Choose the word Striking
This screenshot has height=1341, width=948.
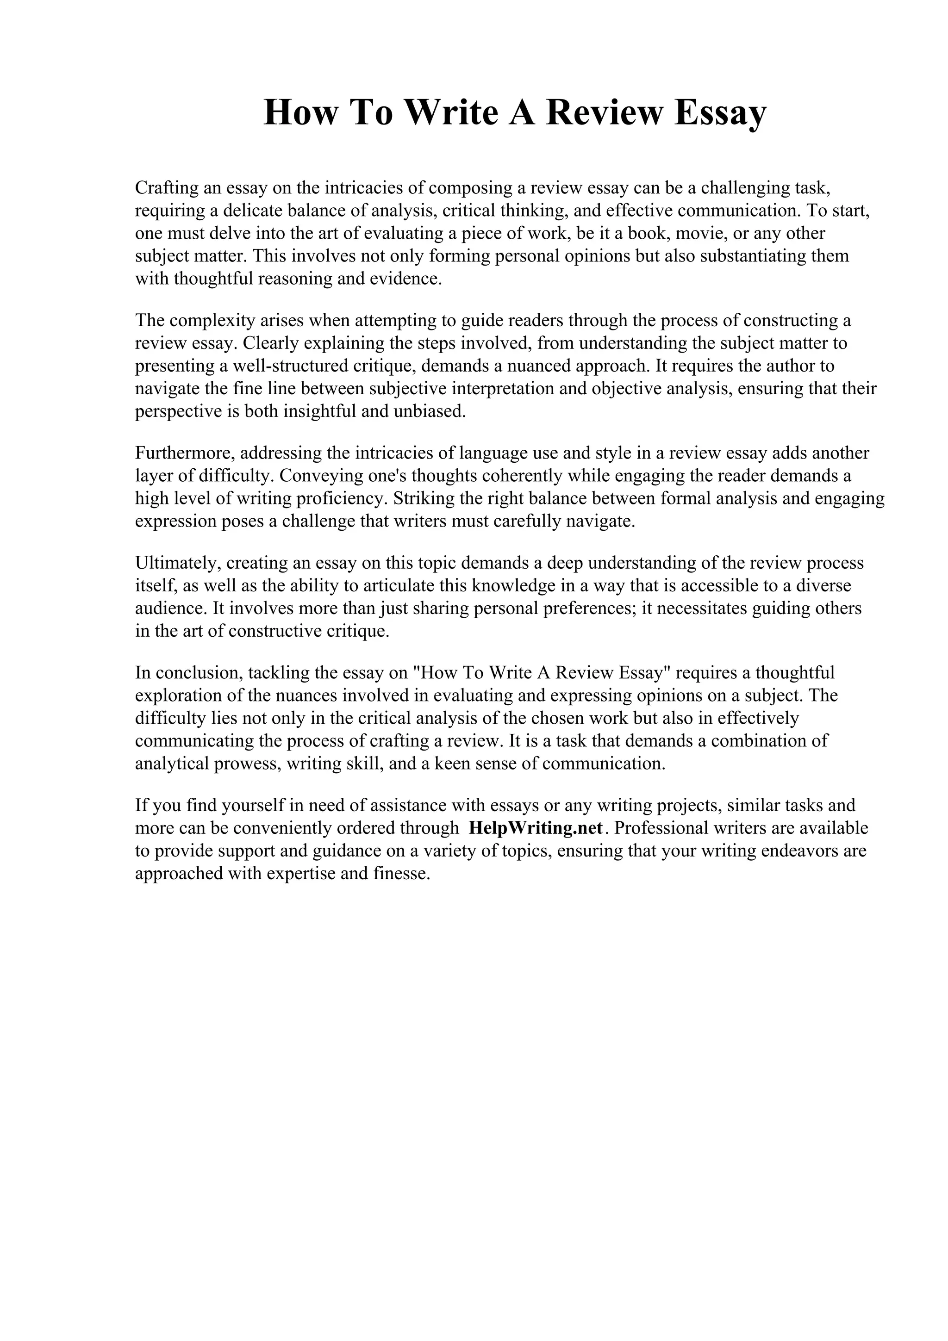tap(421, 498)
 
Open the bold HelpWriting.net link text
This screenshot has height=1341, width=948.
tap(535, 828)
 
